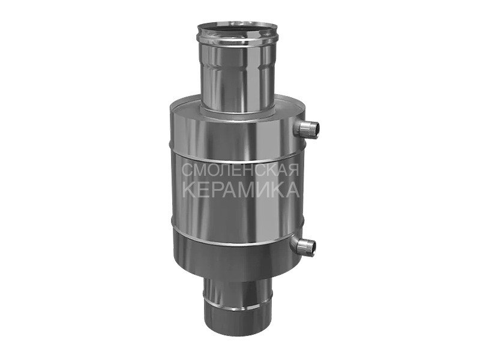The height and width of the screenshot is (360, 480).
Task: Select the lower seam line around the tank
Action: (x=238, y=236)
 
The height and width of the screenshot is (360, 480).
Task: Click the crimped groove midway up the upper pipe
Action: (x=238, y=68)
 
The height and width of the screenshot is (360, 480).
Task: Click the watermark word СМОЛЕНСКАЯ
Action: (x=241, y=170)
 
